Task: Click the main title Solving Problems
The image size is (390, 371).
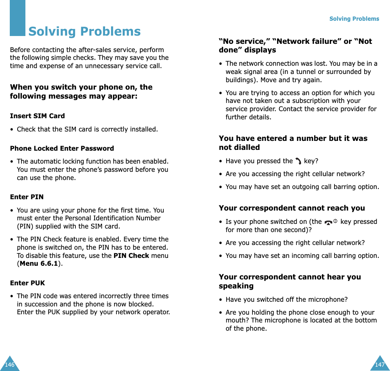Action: pos(84,31)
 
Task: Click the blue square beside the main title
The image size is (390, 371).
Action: pos(18,18)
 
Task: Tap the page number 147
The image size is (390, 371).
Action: pos(379,365)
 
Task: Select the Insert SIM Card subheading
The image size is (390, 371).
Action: pos(38,116)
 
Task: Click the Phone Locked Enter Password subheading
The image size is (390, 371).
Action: pos(62,148)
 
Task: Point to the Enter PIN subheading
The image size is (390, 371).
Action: pos(27,197)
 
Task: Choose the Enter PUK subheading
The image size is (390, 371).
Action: pos(27,283)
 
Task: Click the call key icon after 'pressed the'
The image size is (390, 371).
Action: pos(298,161)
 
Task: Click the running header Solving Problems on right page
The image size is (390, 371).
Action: pos(354,19)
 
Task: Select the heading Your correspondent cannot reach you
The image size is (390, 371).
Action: pos(292,208)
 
